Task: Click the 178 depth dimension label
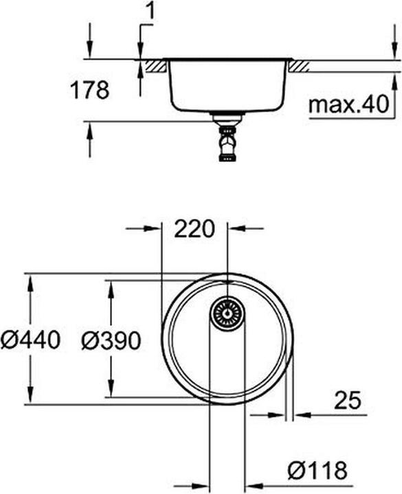coord(89,90)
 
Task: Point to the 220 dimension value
coord(194,228)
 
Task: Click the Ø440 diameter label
coord(30,340)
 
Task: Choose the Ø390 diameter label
coord(111,340)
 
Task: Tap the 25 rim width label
coord(348,400)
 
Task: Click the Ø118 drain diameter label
coord(317,471)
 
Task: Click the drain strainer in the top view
coord(227,314)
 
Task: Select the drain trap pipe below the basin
coord(227,138)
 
